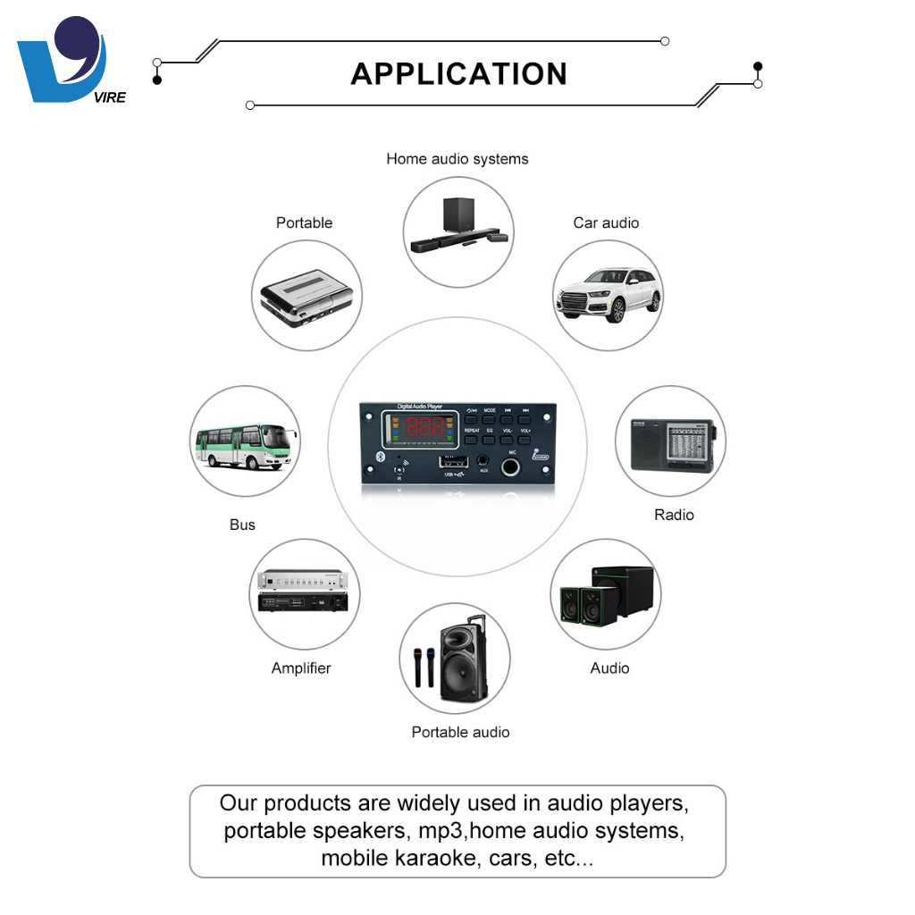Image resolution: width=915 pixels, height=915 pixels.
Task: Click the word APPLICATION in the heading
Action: [x=458, y=73]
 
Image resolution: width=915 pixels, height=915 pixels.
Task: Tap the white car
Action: [x=608, y=294]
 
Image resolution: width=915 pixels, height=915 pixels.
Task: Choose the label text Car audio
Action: [x=606, y=222]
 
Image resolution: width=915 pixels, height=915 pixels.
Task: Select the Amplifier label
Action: [x=301, y=667]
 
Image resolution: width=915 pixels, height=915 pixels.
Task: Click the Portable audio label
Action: [x=460, y=732]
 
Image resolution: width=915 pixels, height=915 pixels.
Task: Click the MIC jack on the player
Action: [x=513, y=467]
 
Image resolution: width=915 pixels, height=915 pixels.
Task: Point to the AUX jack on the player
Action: [x=483, y=461]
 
